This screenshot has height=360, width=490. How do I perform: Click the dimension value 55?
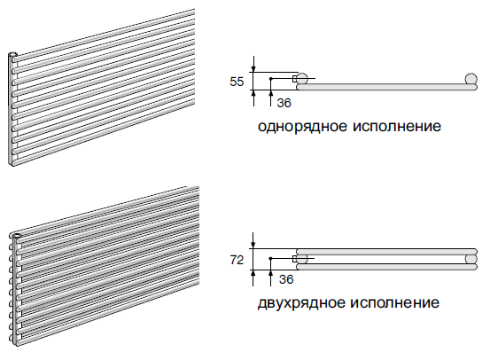[x=237, y=82]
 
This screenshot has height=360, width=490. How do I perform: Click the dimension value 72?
[x=237, y=260]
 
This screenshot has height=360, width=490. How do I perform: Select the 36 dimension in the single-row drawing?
[x=284, y=103]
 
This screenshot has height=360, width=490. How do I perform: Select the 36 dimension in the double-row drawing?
[x=286, y=279]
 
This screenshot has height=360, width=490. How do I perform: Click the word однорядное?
[x=302, y=127]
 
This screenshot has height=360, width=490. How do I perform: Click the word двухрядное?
[x=301, y=303]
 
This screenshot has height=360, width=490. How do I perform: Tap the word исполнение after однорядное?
[x=397, y=127]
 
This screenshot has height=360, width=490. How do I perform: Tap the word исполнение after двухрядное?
[x=394, y=302]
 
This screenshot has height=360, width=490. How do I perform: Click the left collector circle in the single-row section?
[x=302, y=78]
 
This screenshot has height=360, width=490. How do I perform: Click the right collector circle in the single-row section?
[x=471, y=79]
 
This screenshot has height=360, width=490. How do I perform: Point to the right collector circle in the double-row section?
[x=471, y=259]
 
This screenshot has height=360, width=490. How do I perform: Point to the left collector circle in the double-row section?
[x=302, y=259]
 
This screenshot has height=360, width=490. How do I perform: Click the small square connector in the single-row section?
[x=295, y=79]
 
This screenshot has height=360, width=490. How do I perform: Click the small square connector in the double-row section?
[x=295, y=259]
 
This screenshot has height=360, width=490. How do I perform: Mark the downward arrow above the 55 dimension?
[x=253, y=64]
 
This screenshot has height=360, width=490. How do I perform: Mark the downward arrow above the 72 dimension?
[x=253, y=240]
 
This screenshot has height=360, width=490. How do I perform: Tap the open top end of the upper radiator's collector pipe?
[x=12, y=55]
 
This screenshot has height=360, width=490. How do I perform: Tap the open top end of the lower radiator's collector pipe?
[x=15, y=235]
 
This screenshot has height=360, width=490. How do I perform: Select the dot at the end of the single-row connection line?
[x=271, y=79]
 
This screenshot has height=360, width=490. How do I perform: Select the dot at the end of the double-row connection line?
[x=270, y=258]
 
